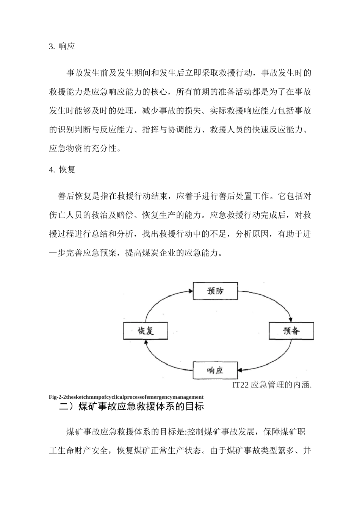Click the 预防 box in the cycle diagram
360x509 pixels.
click(215, 291)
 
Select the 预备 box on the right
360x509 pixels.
click(291, 331)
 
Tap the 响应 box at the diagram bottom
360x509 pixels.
click(215, 370)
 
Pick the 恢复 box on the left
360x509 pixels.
click(146, 331)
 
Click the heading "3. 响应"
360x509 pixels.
click(62, 47)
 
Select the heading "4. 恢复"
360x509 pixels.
click(62, 170)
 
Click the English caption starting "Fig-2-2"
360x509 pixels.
click(126, 397)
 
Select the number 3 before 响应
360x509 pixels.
click(51, 47)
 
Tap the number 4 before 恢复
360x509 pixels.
click(51, 170)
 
